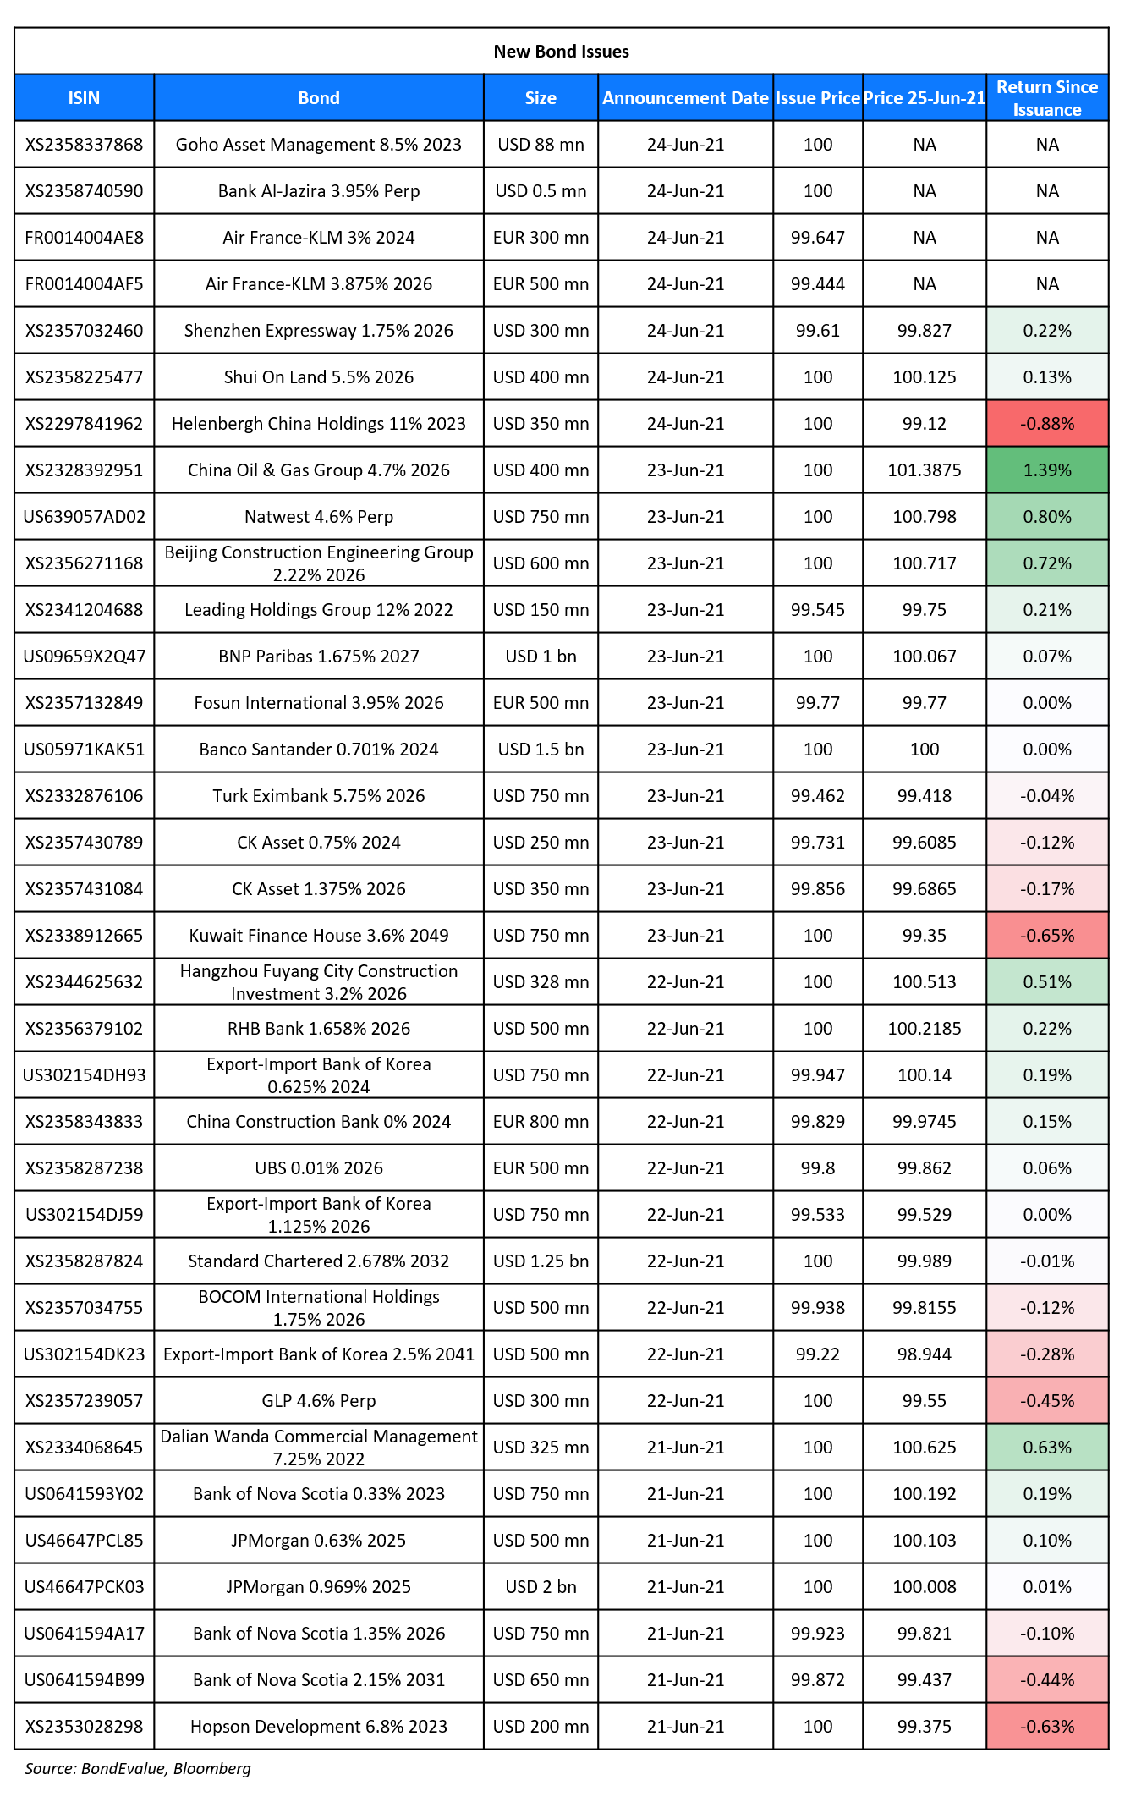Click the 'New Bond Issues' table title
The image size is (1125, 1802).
click(x=561, y=52)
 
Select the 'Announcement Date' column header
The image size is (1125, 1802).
click(x=685, y=98)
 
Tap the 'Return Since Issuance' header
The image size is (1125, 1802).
click(x=1047, y=98)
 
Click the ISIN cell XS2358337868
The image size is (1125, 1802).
click(x=84, y=145)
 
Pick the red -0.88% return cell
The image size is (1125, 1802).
click(x=1047, y=424)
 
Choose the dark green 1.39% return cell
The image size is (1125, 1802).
click(x=1047, y=470)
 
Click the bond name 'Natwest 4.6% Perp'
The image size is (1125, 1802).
click(x=319, y=517)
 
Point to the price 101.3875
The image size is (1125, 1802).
click(x=925, y=470)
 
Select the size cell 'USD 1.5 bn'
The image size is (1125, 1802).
click(x=541, y=750)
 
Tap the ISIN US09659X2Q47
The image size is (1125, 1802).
click(x=84, y=657)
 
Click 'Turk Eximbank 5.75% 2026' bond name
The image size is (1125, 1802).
click(x=319, y=796)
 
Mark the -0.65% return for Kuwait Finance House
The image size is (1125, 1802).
click(x=1047, y=936)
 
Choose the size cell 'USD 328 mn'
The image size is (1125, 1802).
click(x=541, y=982)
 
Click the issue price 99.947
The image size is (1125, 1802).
click(x=818, y=1075)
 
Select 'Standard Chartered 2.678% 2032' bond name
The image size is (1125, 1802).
click(x=319, y=1261)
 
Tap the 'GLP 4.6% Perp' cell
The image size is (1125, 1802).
click(x=319, y=1401)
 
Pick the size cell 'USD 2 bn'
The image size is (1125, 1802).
click(x=541, y=1587)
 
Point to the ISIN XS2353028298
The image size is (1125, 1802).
click(x=84, y=1727)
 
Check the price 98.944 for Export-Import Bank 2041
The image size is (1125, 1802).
click(x=925, y=1354)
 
